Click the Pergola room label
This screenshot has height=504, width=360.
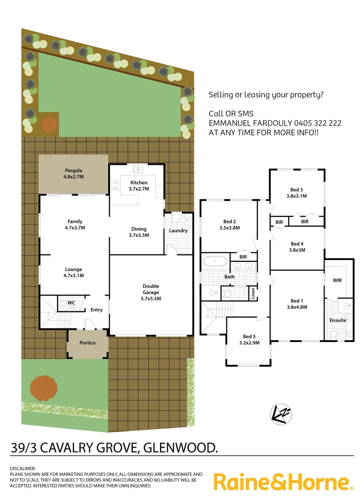73,171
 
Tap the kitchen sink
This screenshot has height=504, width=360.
138,170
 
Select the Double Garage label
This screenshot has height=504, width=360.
151,289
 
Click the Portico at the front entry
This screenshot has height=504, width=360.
87,343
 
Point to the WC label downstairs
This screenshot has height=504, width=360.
71,303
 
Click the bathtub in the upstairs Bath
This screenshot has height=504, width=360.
215,260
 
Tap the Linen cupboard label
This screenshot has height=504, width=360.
252,293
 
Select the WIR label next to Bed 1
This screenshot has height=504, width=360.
337,281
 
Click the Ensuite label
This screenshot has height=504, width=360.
338,321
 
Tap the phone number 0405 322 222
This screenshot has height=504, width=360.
318,123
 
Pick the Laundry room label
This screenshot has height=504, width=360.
178,231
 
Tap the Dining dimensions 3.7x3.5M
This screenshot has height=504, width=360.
138,235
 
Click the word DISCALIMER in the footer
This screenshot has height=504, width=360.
22,468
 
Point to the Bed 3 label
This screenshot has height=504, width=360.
297,189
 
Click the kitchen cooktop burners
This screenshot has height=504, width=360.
115,186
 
